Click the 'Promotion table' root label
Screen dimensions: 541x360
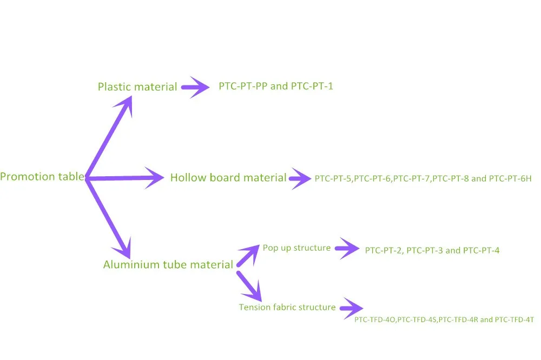42,177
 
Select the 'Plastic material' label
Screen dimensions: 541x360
137,86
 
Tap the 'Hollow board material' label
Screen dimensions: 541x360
228,177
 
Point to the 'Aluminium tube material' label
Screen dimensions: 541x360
168,265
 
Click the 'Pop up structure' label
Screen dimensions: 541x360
296,248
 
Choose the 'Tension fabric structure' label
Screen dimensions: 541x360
287,307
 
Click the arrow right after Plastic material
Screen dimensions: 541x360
195,86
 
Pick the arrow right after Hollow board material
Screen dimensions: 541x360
301,177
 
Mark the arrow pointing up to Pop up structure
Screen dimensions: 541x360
248,255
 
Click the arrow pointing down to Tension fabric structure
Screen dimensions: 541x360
249,286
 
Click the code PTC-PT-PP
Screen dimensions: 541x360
242,86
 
